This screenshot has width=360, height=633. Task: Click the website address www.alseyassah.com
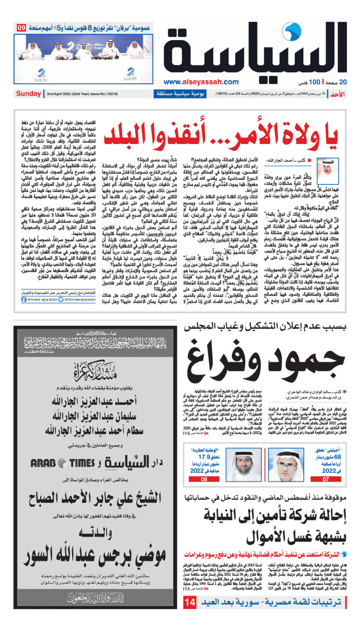[x=195, y=82]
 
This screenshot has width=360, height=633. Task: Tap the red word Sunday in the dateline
[x=28, y=94]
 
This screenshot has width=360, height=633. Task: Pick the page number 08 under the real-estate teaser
[x=203, y=480]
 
